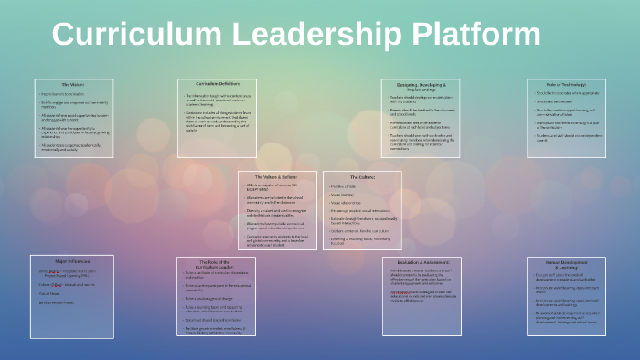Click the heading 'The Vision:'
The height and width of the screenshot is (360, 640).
[x=73, y=85]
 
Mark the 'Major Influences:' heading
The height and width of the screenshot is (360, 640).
[x=73, y=261]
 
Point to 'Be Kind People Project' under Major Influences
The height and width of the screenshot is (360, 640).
[x=58, y=301]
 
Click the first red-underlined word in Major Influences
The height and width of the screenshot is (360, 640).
[x=54, y=270]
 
